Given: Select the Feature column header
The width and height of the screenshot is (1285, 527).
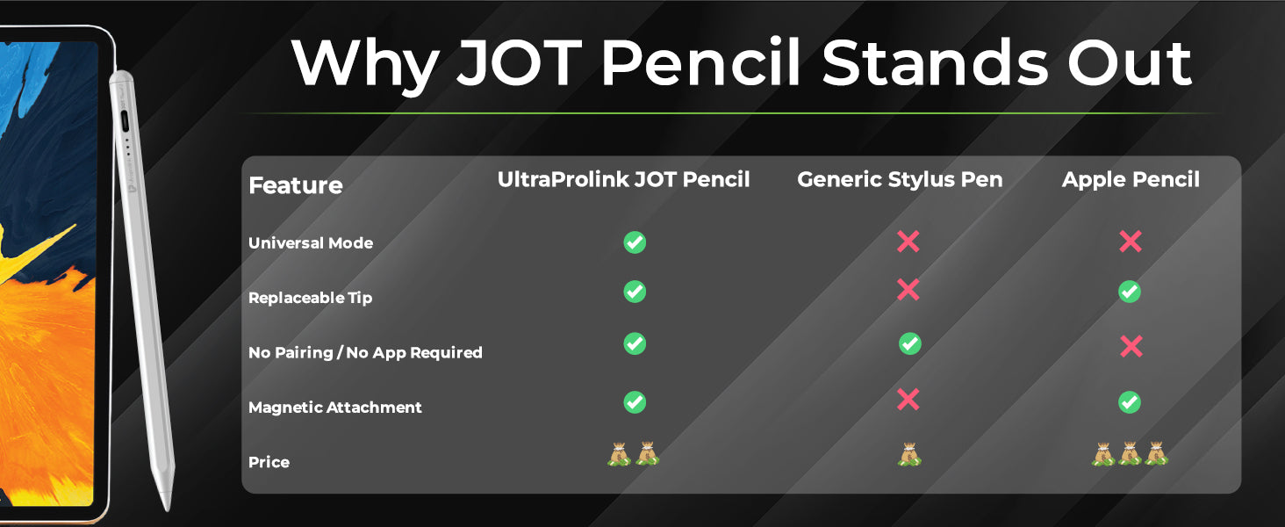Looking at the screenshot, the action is coord(296,185).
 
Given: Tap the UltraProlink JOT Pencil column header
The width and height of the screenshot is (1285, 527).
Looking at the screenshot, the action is coord(623,180).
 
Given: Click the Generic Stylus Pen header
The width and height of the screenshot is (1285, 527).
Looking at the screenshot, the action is coord(900,180).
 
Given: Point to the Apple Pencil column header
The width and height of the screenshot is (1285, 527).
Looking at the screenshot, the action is coord(1131,180).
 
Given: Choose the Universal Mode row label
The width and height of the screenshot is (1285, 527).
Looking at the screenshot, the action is coord(311,242).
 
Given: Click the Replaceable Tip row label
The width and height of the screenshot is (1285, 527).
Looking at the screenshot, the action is coord(311,298).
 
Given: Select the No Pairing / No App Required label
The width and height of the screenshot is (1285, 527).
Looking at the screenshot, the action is coord(365,352).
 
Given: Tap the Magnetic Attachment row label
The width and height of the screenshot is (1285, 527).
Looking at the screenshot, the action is coord(335,407).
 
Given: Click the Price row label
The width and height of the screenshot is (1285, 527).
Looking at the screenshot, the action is coord(269,462).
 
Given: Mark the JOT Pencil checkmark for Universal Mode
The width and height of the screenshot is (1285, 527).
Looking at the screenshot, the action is coord(635,242).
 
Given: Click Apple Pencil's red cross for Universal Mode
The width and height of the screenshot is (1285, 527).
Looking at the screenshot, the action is coord(1131,242).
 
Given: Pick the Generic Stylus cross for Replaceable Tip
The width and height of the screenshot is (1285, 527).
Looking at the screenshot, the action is coord(908,290).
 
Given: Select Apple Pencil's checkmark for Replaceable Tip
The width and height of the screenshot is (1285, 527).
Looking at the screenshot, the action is coord(1130,292).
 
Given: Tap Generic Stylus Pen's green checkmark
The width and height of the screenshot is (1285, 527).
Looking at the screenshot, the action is coord(910,343).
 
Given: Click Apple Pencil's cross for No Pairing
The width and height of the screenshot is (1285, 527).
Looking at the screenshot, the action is coord(1131,347).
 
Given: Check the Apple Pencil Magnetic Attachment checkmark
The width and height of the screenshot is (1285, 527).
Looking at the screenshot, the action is coord(1130,402).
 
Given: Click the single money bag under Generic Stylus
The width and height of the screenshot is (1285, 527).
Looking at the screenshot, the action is coord(910,454).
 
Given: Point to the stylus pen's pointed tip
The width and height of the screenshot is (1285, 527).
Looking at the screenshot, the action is coord(168,508).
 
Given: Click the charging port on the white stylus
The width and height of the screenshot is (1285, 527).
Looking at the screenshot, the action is coord(125,122).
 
